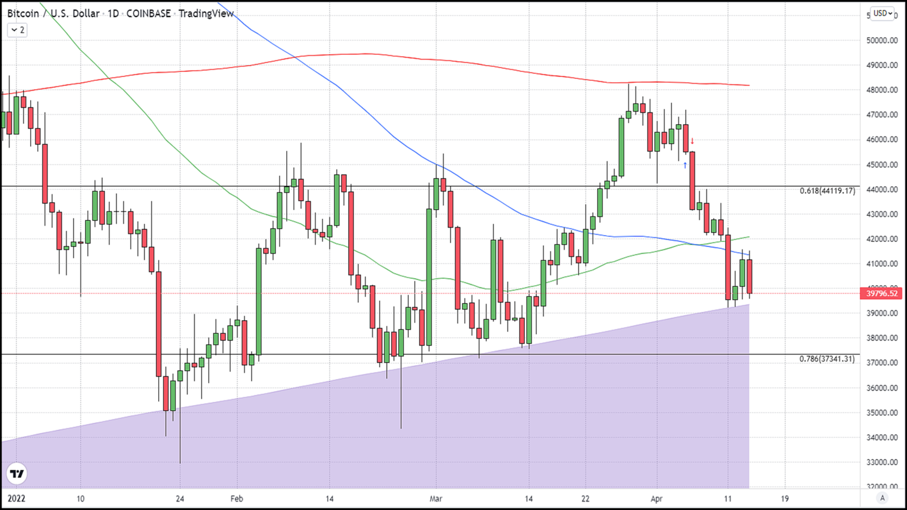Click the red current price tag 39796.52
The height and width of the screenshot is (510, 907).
pos(881,294)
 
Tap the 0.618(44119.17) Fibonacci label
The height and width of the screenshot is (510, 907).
pos(827,191)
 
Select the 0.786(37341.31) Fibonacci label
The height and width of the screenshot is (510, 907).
pos(827,359)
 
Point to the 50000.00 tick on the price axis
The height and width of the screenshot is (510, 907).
pos(882,40)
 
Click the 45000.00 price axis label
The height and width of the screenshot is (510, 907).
pos(882,165)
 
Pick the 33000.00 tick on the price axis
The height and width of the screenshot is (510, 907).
pos(882,462)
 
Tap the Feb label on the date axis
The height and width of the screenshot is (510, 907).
pos(236,499)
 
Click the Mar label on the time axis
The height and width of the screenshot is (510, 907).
pos(435,499)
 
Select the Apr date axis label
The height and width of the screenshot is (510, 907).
pos(656,499)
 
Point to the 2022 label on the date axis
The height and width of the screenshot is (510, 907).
pos(16,499)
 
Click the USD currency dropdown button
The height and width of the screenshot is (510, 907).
pos(883,13)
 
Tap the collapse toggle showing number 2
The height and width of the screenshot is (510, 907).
pos(17,30)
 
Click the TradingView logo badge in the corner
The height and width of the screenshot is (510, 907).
pos(17,474)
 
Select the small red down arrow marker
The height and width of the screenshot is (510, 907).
pos(692,141)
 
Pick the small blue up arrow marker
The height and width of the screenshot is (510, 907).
pos(685,165)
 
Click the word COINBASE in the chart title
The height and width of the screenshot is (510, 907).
pos(149,13)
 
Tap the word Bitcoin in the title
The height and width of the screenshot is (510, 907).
pos(23,13)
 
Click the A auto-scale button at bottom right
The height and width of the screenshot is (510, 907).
pos(882,498)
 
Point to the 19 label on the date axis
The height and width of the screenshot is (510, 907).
pos(785,499)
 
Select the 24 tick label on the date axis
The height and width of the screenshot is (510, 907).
pos(180,499)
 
